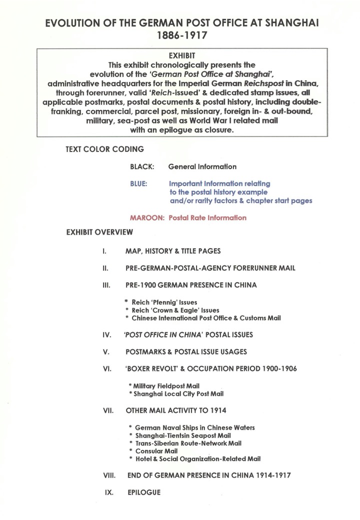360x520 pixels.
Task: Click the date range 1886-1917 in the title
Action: pyautogui.click(x=180, y=36)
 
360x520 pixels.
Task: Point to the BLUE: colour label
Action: pyautogui.click(x=138, y=183)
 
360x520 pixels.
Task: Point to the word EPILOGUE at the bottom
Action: pyautogui.click(x=143, y=492)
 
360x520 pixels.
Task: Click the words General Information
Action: pyautogui.click(x=202, y=166)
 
